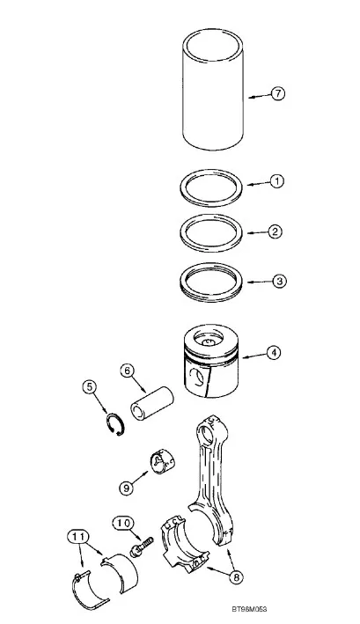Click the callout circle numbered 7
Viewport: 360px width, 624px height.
[277, 93]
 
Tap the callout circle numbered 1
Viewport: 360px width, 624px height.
[277, 181]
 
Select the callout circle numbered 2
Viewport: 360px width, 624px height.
[275, 231]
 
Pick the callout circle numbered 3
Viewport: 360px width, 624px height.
[279, 281]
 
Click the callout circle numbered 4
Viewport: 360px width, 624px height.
[274, 352]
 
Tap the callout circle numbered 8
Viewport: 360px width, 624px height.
[236, 577]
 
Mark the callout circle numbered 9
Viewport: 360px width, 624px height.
[127, 488]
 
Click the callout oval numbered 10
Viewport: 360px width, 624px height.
[123, 524]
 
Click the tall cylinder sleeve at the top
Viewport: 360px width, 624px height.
[213, 89]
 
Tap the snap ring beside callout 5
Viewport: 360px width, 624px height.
[115, 424]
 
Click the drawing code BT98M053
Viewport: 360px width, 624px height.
[249, 609]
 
